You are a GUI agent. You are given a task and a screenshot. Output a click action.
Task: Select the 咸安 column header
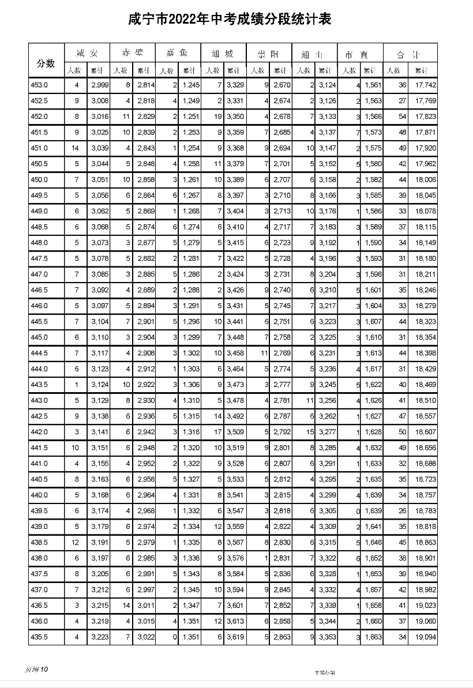tap(87, 54)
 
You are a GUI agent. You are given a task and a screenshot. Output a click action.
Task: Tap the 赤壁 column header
tap(133, 54)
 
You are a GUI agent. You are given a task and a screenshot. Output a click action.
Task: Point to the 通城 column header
tap(223, 54)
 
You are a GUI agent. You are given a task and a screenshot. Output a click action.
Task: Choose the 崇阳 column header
tap(269, 54)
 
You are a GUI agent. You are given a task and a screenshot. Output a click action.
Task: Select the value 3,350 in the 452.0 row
tap(235, 116)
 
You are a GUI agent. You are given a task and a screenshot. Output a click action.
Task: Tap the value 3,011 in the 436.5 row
tap(144, 605)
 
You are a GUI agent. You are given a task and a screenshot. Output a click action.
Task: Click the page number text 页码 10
tap(37, 669)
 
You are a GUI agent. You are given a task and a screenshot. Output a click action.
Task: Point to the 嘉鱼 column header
tap(178, 54)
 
